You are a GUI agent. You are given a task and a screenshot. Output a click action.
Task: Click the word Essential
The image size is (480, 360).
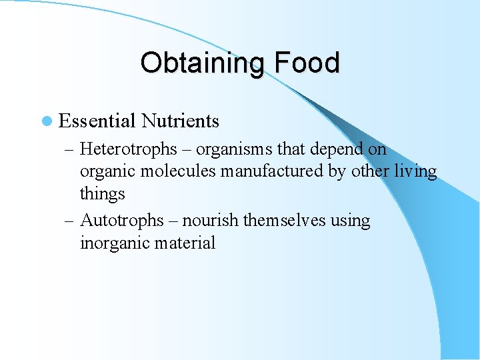click(97, 121)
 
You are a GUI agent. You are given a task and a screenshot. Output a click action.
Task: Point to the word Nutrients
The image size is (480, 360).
click(180, 121)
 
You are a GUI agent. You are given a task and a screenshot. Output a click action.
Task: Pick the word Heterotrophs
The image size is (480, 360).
click(128, 149)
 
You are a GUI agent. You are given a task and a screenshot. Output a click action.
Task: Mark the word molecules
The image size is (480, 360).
click(178, 171)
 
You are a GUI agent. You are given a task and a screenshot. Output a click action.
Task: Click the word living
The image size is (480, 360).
click(415, 171)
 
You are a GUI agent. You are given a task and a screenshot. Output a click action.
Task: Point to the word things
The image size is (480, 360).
click(102, 194)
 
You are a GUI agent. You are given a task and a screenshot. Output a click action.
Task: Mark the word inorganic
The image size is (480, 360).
click(114, 243)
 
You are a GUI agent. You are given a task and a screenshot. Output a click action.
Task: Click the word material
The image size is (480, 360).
click(185, 243)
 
